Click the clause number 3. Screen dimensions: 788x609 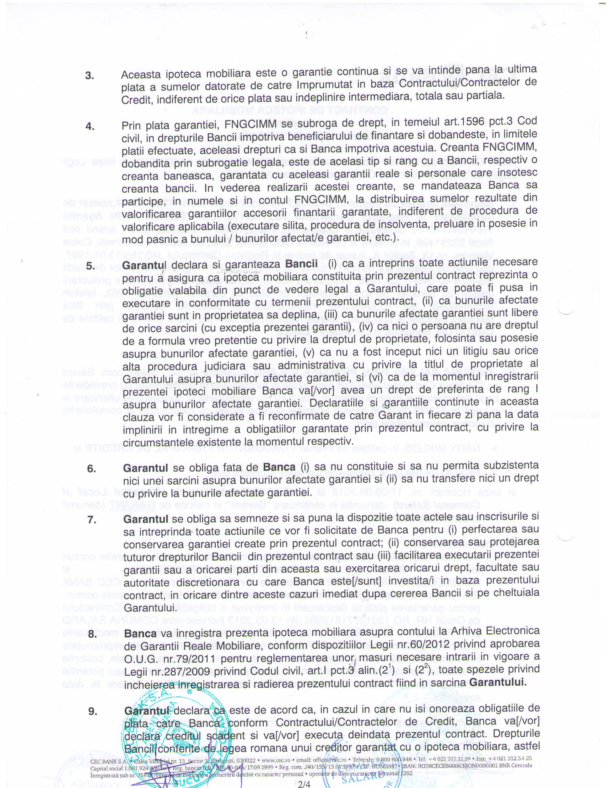point(90,76)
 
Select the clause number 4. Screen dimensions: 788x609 point(90,126)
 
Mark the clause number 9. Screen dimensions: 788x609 point(93,711)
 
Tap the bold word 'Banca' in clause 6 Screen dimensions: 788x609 point(279,467)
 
